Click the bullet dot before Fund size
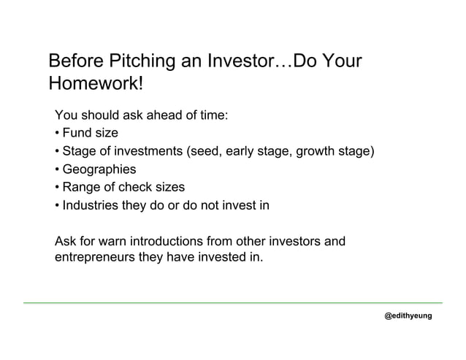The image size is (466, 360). click(57, 134)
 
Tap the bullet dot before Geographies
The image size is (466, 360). click(57, 170)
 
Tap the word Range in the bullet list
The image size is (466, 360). click(81, 188)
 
